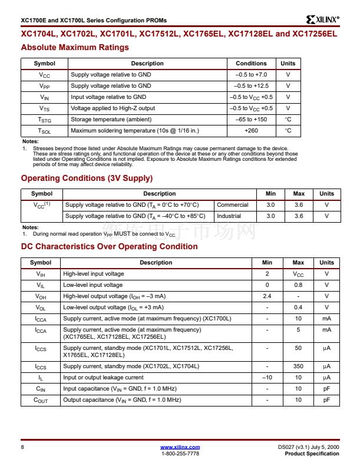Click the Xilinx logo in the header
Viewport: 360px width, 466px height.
point(323,19)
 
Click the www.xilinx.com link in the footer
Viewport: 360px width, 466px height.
point(180,447)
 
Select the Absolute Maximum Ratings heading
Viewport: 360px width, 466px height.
point(75,47)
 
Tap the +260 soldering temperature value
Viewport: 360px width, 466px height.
point(251,131)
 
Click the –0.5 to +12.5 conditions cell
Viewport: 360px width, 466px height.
point(251,86)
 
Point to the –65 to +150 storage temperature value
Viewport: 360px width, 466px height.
point(251,120)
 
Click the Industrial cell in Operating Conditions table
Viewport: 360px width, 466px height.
point(229,216)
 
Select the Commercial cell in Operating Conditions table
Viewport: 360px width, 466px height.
point(233,205)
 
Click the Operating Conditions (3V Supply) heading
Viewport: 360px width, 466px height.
point(87,178)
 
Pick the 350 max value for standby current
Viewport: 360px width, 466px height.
point(298,366)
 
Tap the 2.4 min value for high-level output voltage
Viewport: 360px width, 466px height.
point(267,296)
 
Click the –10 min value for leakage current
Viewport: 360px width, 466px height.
point(267,378)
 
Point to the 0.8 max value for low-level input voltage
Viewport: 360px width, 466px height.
point(298,285)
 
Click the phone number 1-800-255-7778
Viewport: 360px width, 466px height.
point(180,454)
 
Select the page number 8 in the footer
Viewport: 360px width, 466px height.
point(22,448)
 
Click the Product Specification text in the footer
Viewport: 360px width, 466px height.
point(312,454)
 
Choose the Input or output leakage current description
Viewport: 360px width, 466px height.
point(103,378)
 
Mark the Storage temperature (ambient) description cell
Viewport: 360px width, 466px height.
point(107,120)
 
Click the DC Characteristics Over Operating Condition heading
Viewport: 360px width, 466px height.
point(109,246)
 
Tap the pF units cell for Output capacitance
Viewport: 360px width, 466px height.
point(326,400)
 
